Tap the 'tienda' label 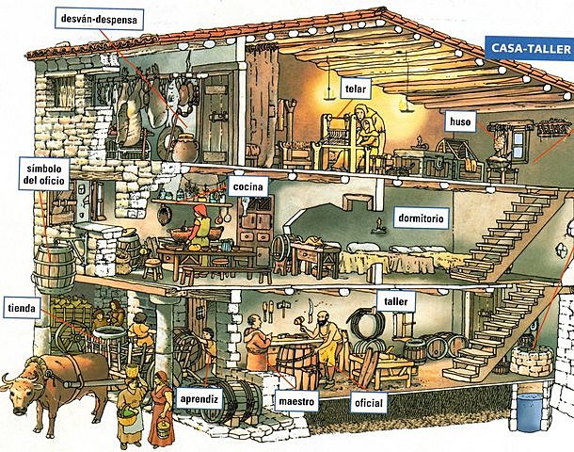pyautogui.click(x=23, y=308)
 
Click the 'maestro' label pyautogui.click(x=296, y=401)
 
